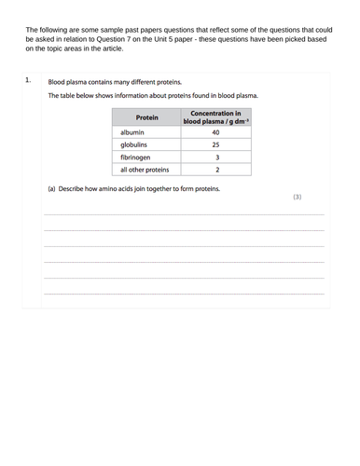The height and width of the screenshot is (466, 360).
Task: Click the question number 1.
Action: point(28,80)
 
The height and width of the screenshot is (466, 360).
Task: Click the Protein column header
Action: point(146,118)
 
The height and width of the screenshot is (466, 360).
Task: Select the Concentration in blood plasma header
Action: point(216,117)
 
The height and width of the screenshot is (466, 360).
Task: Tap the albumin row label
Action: point(136,133)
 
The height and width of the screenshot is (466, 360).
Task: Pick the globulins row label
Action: point(139,145)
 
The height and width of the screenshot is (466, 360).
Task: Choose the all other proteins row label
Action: point(145,171)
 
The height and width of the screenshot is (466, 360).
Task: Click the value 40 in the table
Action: point(216,133)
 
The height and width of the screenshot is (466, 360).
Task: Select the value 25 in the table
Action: point(216,145)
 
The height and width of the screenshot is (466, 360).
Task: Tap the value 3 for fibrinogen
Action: point(216,158)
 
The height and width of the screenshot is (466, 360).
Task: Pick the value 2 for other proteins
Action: point(216,171)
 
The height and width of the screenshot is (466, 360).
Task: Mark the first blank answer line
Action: point(185,215)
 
